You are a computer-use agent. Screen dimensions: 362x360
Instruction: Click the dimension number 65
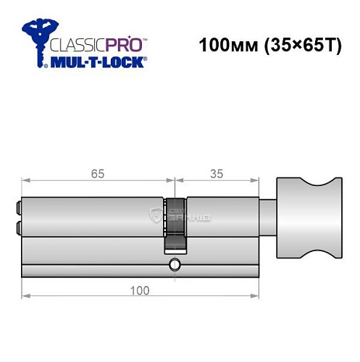(x=98, y=174)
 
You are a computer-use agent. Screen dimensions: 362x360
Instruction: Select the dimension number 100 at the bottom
(x=141, y=290)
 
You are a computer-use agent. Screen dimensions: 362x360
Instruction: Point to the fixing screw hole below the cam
(x=174, y=265)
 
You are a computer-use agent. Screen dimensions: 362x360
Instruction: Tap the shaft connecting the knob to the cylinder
(x=267, y=217)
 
